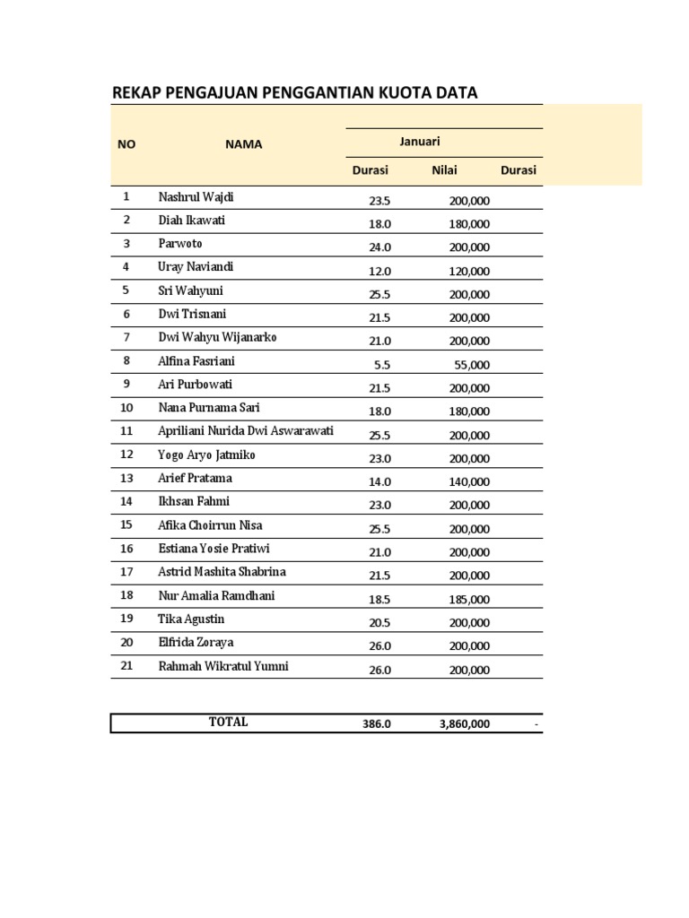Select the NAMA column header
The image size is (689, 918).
(244, 144)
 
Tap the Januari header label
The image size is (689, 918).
(420, 141)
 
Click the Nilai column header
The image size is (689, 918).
(444, 170)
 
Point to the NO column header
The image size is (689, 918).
(126, 144)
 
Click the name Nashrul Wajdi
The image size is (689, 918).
(196, 197)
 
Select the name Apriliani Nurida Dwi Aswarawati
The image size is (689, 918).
(246, 431)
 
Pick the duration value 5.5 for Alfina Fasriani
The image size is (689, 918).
(382, 365)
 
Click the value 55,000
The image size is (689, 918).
(472, 365)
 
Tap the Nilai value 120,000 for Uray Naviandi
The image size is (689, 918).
(469, 271)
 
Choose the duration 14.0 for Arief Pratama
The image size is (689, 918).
(379, 481)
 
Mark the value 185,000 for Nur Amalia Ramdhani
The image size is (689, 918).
(469, 599)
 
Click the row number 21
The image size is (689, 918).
(126, 666)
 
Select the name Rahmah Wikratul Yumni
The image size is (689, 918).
(223, 666)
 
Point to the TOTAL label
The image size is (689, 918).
(228, 723)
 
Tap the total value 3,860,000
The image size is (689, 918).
(465, 724)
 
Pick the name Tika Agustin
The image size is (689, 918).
(191, 619)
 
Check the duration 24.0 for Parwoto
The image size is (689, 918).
(379, 247)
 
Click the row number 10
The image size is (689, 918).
(126, 408)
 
